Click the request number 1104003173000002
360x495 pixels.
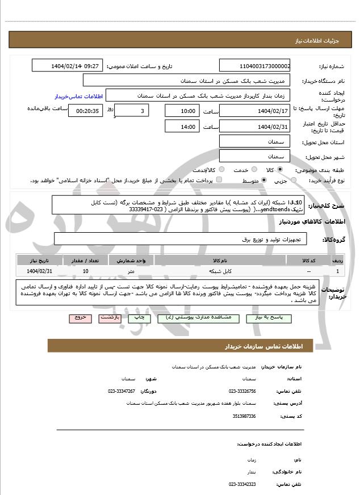(x=255, y=66)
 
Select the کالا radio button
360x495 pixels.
(x=279, y=170)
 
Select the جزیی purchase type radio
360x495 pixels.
(x=294, y=181)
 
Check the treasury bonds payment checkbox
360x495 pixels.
(x=220, y=181)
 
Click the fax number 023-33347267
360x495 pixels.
(x=122, y=391)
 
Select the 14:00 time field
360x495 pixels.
(x=181, y=126)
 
